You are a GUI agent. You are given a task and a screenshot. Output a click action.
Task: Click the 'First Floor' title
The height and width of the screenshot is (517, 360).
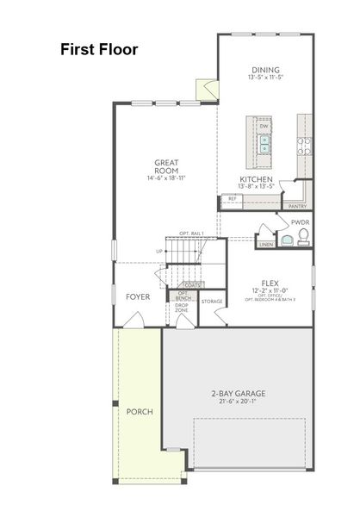click(99, 49)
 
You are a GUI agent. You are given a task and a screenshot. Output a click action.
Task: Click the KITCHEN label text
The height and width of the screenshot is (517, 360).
click(257, 178)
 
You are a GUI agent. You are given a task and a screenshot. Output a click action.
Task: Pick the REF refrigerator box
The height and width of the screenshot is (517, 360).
click(232, 200)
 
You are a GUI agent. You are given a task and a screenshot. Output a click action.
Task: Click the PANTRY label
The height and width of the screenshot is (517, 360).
click(297, 207)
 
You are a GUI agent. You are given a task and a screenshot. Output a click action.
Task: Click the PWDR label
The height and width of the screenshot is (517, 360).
click(300, 222)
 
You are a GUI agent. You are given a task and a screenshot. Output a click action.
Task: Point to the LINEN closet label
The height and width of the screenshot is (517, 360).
click(266, 245)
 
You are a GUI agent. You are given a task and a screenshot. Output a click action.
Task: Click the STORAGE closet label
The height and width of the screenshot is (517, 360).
click(212, 302)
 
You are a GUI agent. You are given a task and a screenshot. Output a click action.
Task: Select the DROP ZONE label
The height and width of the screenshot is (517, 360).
click(182, 308)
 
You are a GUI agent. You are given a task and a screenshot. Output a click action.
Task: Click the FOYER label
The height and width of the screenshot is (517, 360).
click(138, 296)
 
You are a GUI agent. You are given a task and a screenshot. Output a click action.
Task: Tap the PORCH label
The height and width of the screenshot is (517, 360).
click(140, 412)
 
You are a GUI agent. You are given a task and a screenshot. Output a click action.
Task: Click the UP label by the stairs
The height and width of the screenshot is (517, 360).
click(158, 252)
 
